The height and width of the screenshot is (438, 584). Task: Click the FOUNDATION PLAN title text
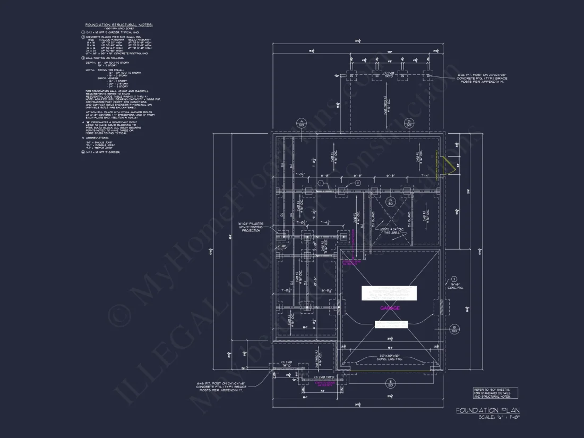pyautogui.click(x=488, y=410)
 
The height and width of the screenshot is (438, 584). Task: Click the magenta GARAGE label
pyautogui.click(x=389, y=308)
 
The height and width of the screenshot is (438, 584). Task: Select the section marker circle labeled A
pyautogui.click(x=301, y=123)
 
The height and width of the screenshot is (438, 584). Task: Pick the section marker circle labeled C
pyautogui.click(x=390, y=202)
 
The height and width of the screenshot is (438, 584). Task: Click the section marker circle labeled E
pyautogui.click(x=390, y=383)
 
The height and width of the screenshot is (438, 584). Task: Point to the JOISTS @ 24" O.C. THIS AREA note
pyautogui.click(x=390, y=230)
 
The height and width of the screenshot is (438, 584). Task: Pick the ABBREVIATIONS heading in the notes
pyautogui.click(x=99, y=138)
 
